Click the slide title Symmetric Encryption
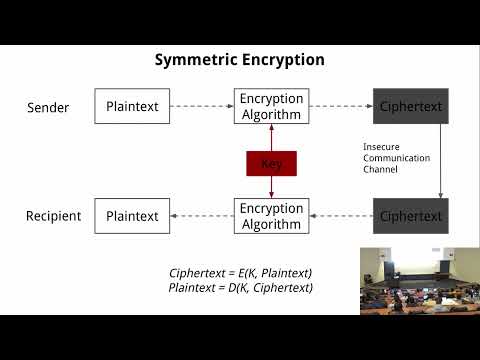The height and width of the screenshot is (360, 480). tap(239, 60)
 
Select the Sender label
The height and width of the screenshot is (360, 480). tap(48, 106)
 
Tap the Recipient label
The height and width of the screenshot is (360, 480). tap(53, 216)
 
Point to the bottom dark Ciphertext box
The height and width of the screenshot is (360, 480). tap(410, 216)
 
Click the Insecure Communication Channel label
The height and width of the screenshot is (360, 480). tap(396, 158)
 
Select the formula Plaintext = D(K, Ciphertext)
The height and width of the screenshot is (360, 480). tap(239, 288)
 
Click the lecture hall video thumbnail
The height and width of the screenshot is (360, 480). tap(419, 279)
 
